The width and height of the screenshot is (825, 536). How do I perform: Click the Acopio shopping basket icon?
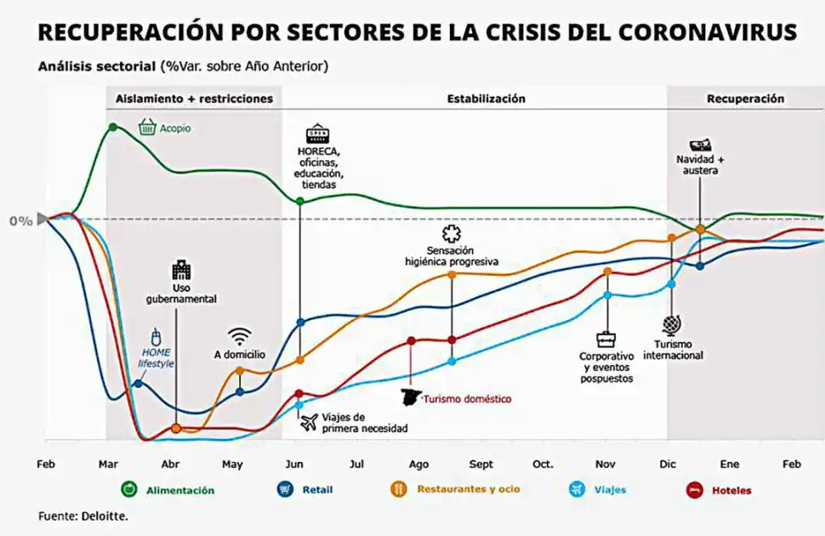pyautogui.click(x=147, y=128)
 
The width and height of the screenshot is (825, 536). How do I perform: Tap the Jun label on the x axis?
pyautogui.click(x=294, y=465)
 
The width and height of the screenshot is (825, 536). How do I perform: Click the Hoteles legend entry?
pyautogui.click(x=719, y=489)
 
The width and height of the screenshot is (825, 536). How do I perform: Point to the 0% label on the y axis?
pyautogui.click(x=20, y=221)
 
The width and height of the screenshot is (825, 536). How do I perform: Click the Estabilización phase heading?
pyautogui.click(x=486, y=99)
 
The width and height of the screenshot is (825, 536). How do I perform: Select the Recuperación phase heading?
pyautogui.click(x=745, y=99)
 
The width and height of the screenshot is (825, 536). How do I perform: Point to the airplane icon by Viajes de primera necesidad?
pyautogui.click(x=308, y=421)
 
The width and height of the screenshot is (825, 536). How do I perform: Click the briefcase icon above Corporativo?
pyautogui.click(x=606, y=339)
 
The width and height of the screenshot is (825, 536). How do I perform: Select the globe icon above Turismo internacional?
pyautogui.click(x=673, y=326)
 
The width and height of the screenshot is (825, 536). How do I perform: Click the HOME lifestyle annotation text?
pyautogui.click(x=156, y=357)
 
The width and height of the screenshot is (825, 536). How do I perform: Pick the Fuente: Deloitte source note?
pyautogui.click(x=82, y=516)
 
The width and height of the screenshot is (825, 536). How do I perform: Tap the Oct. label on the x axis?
pyautogui.click(x=543, y=465)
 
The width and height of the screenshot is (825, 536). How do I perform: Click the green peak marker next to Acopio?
pyautogui.click(x=112, y=127)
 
